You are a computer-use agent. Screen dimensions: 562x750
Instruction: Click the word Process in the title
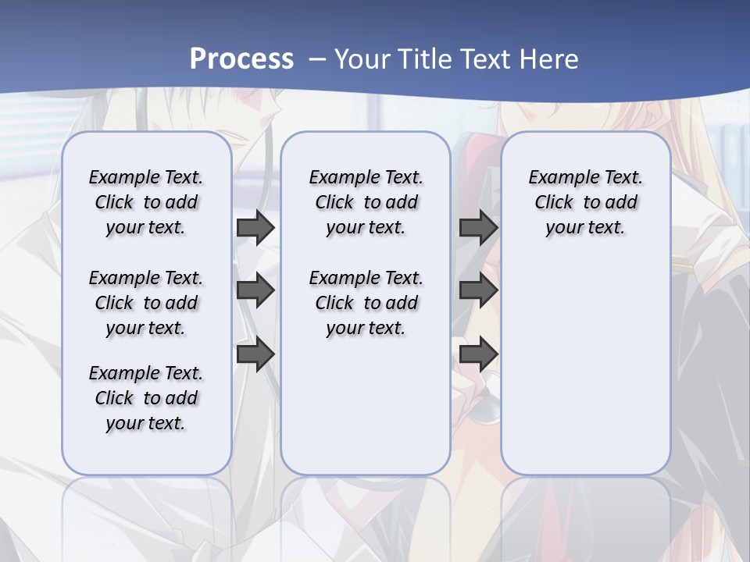point(241,59)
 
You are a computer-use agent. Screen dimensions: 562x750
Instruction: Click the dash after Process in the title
point(316,60)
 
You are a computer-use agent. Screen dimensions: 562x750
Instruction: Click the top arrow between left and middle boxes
point(255,227)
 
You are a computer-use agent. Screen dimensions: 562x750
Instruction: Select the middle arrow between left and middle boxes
point(255,290)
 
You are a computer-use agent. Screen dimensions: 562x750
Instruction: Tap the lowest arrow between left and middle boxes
point(255,354)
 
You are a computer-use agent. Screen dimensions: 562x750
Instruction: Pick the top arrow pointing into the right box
point(478,227)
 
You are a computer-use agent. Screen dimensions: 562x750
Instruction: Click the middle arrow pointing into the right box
point(478,290)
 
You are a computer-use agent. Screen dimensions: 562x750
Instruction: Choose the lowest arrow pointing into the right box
point(478,354)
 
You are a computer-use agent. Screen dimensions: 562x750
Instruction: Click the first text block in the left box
point(146,202)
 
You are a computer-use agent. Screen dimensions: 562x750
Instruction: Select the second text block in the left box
point(146,303)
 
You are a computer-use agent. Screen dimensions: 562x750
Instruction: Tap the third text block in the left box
point(146,398)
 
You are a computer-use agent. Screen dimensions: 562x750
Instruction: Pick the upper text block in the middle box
point(366,202)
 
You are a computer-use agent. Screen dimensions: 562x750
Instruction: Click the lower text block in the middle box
point(366,303)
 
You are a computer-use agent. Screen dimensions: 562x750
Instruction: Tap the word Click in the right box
point(554,202)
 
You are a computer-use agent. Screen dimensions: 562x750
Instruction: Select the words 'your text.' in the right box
point(585,228)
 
